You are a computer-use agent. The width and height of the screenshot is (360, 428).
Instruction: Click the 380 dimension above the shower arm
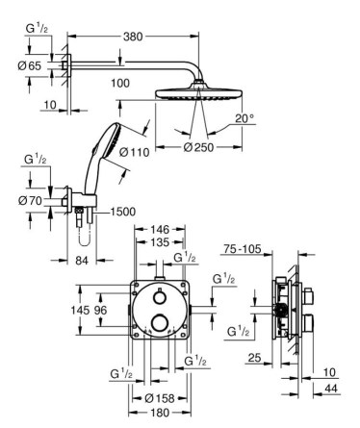point(133,37)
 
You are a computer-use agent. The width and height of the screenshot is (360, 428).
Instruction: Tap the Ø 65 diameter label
point(30,66)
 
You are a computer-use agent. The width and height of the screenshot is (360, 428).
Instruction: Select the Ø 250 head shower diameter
point(198,147)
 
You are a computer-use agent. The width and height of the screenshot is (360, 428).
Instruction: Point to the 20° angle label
point(244,118)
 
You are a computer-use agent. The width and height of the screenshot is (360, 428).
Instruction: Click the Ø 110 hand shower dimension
point(135,152)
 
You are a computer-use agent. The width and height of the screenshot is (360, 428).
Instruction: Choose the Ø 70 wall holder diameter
point(30,201)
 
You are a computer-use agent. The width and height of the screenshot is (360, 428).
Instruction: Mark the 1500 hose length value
point(123,212)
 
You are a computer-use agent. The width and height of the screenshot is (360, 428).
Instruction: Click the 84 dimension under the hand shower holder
point(82,261)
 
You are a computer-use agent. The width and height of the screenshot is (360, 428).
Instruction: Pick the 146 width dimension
point(160,229)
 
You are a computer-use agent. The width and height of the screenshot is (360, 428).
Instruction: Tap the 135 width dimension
point(160,242)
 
